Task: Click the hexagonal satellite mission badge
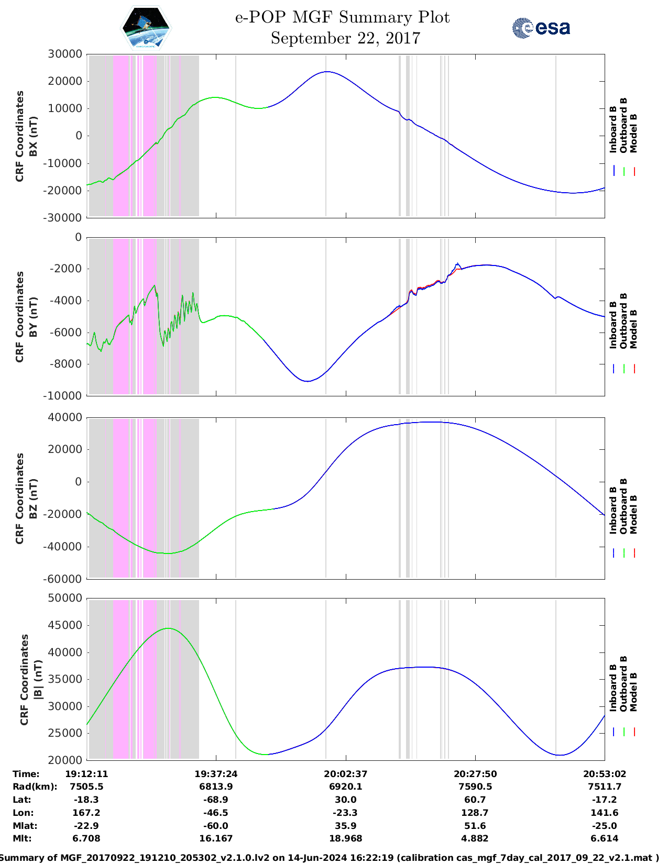click(146, 28)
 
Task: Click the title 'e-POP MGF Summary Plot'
click(342, 17)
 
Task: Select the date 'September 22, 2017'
click(345, 38)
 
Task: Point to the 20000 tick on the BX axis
click(65, 81)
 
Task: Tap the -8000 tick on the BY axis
click(65, 364)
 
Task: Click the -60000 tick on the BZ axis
click(62, 579)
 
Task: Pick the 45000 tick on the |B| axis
click(65, 625)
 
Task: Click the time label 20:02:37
click(345, 774)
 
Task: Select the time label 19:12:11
click(86, 774)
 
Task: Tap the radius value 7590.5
click(475, 787)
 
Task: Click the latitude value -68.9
click(216, 800)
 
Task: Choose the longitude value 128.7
click(475, 813)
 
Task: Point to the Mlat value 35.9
click(345, 826)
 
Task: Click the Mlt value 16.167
click(216, 838)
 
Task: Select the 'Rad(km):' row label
click(35, 787)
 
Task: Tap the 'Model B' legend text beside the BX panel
click(633, 134)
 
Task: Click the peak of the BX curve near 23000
click(327, 72)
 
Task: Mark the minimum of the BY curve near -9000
click(308, 381)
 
